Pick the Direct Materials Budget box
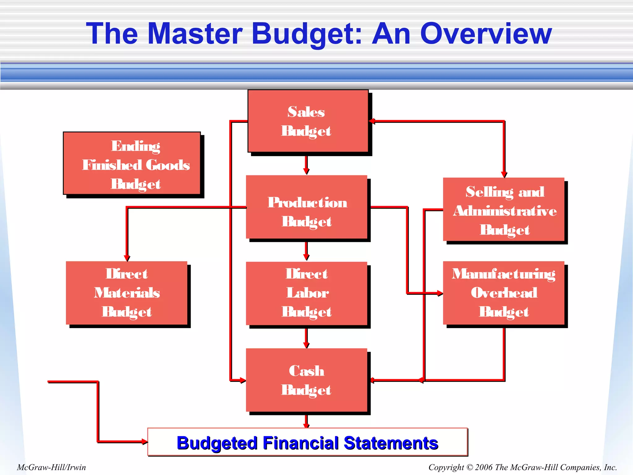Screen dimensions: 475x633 pyautogui.click(x=127, y=293)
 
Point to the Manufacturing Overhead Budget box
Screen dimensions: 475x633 pyautogui.click(x=504, y=293)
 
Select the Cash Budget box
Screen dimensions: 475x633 pyautogui.click(x=307, y=380)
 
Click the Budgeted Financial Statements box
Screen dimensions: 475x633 pyautogui.click(x=308, y=442)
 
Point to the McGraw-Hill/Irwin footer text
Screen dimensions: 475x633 pyautogui.click(x=51, y=467)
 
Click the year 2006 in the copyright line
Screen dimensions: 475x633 pyautogui.click(x=484, y=467)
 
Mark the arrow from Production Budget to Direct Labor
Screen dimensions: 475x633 pyautogui.click(x=306, y=251)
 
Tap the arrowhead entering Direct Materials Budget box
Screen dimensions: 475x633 pyautogui.click(x=127, y=258)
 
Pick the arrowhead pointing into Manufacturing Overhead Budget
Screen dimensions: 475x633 pyautogui.click(x=440, y=293)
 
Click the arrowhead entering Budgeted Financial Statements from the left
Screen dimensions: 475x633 pyautogui.click(x=144, y=442)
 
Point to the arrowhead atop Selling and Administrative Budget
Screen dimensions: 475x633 pyautogui.click(x=504, y=174)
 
